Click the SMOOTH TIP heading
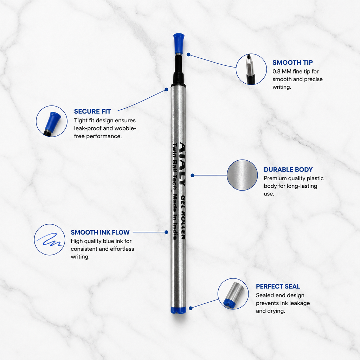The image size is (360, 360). pyautogui.click(x=292, y=63)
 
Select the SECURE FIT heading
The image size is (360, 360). pyautogui.click(x=92, y=111)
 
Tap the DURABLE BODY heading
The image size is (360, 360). pyautogui.click(x=288, y=169)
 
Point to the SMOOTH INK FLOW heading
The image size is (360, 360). pyautogui.click(x=100, y=232)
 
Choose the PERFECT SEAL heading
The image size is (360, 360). pyautogui.click(x=278, y=286)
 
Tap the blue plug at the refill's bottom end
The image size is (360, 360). pyautogui.click(x=178, y=310)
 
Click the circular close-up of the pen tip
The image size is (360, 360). pyautogui.click(x=251, y=69)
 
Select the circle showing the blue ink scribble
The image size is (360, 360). pyautogui.click(x=50, y=239)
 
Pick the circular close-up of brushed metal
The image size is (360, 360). pyautogui.click(x=242, y=175)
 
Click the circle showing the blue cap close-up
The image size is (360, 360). pyautogui.click(x=52, y=121)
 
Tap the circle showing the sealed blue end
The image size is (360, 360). pyautogui.click(x=233, y=294)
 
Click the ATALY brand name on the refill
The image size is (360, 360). pyautogui.click(x=182, y=164)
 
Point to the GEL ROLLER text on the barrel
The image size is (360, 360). pyautogui.click(x=183, y=217)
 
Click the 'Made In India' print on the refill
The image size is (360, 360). pyautogui.click(x=175, y=217)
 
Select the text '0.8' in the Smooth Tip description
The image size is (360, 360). pyautogui.click(x=276, y=71)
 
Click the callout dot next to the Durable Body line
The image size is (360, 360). pyautogui.click(x=192, y=175)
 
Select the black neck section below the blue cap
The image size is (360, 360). pyautogui.click(x=179, y=70)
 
